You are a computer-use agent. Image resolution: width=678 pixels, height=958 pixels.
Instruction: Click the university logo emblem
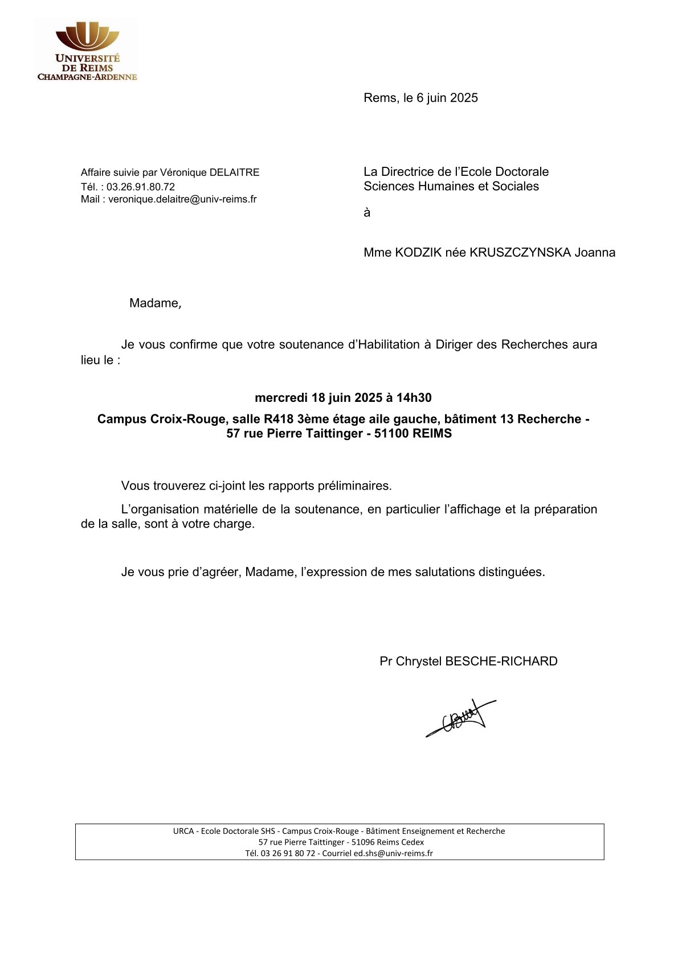pyautogui.click(x=87, y=37)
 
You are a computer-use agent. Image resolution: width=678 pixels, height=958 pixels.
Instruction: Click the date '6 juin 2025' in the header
pyautogui.click(x=447, y=98)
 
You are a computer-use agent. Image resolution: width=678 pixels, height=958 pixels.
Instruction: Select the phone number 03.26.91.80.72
pyautogui.click(x=141, y=187)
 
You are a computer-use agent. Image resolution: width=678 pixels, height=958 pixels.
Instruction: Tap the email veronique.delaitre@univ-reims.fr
pyautogui.click(x=182, y=199)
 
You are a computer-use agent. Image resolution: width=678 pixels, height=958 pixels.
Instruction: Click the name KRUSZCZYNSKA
pyautogui.click(x=520, y=253)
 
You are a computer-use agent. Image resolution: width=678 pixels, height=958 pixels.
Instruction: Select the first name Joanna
pyautogui.click(x=595, y=253)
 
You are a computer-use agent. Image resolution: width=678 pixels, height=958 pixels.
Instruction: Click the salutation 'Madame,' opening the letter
pyautogui.click(x=155, y=303)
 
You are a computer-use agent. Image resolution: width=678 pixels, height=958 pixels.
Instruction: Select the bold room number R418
pyautogui.click(x=279, y=419)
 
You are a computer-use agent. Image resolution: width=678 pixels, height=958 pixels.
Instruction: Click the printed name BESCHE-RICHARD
pyautogui.click(x=501, y=661)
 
